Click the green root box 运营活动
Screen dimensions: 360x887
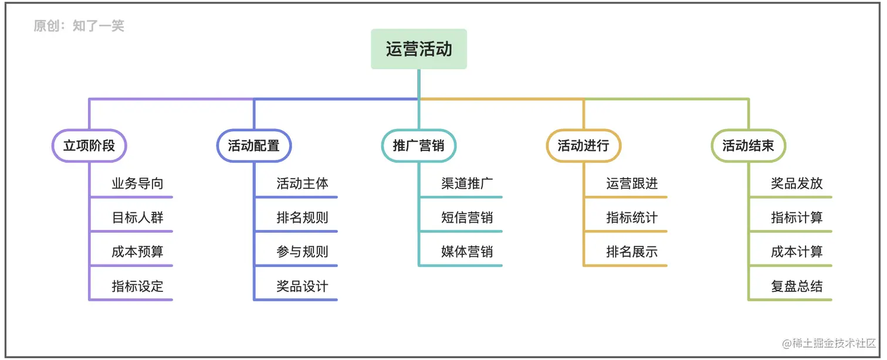pyautogui.click(x=419, y=49)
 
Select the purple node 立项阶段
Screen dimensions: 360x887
pyautogui.click(x=89, y=145)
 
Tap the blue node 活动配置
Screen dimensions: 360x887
pyautogui.click(x=254, y=145)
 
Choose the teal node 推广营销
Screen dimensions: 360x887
pyautogui.click(x=419, y=145)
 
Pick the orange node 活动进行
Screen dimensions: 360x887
pyautogui.click(x=584, y=145)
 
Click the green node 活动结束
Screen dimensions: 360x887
pyautogui.click(x=749, y=145)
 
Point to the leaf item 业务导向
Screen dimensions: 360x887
pyautogui.click(x=137, y=184)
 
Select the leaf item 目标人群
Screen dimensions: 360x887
pyautogui.click(x=137, y=218)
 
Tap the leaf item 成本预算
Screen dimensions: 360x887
pyautogui.click(x=137, y=252)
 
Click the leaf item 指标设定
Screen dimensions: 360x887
pyautogui.click(x=137, y=287)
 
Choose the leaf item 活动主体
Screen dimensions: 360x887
pyautogui.click(x=302, y=184)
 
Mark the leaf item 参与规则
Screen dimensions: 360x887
pyautogui.click(x=302, y=252)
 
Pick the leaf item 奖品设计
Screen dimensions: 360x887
pyautogui.click(x=302, y=287)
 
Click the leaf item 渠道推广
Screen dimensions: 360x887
pyautogui.click(x=467, y=184)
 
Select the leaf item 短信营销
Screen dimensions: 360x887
pyautogui.click(x=467, y=218)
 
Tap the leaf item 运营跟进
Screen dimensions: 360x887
pyautogui.click(x=632, y=184)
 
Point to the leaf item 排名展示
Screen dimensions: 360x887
pyautogui.click(x=632, y=252)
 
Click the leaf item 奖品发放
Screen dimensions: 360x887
pyautogui.click(x=797, y=184)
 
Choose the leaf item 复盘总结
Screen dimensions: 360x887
pyautogui.click(x=797, y=287)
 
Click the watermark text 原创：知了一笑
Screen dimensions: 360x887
pyautogui.click(x=79, y=26)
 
